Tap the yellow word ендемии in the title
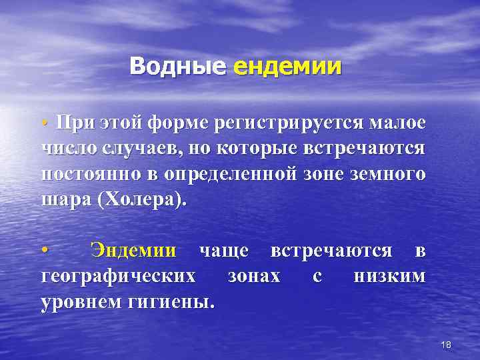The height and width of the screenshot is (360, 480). click(288, 67)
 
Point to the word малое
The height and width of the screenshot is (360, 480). click(396, 124)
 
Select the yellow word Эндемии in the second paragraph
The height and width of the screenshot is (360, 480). click(134, 251)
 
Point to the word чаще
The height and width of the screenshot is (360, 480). click(224, 251)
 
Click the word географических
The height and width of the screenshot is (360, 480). click(118, 276)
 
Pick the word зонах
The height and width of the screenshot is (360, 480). click(254, 276)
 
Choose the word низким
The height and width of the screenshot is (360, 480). click(389, 276)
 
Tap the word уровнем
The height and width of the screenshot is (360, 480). click(81, 301)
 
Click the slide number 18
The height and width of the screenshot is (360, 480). click(447, 344)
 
